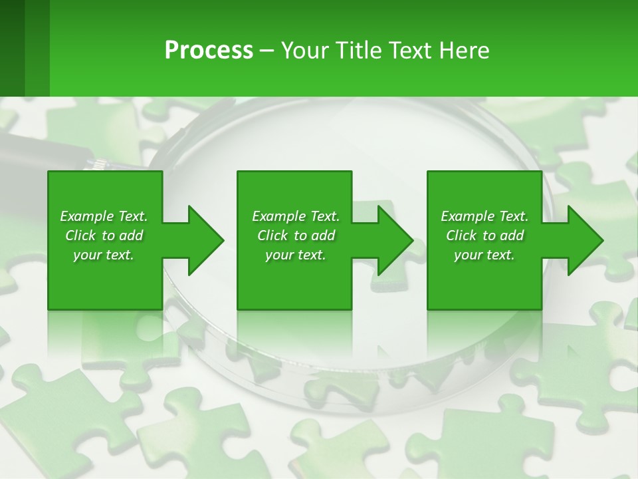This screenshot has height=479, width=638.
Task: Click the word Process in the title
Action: pos(209,51)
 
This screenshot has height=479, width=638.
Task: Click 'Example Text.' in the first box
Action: pos(104,216)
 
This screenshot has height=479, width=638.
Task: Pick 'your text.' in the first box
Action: pos(104,255)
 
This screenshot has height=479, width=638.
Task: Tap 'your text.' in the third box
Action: pos(484,255)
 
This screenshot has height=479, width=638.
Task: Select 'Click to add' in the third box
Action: pos(484,236)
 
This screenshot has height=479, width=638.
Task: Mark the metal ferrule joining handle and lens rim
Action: pos(100,163)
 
